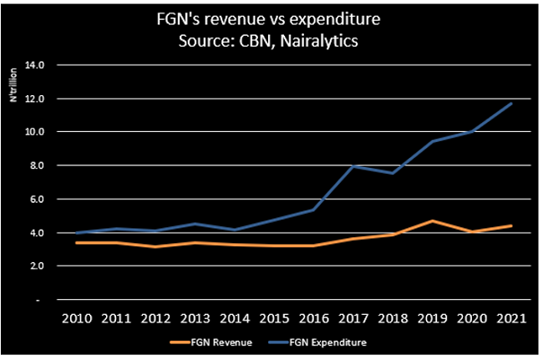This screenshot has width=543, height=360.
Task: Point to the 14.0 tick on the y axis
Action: [43, 64]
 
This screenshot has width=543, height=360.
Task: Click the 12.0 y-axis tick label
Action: [43, 99]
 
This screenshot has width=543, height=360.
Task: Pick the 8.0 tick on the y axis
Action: [45, 165]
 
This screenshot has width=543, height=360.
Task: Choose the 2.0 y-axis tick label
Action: [45, 266]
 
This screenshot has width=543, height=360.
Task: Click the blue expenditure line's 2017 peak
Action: [353, 166]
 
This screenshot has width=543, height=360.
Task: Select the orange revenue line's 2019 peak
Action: [432, 221]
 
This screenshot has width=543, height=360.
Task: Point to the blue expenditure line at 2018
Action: [393, 173]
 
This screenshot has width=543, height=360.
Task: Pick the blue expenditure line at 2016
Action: [313, 210]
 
